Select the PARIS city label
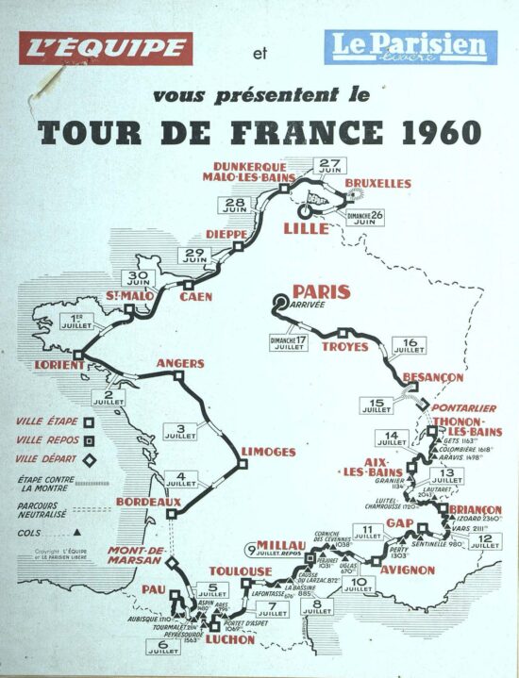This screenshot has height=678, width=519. pyautogui.click(x=321, y=291)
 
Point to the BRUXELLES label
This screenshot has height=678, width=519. pyautogui.click(x=377, y=181)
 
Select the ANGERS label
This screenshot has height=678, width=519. pyautogui.click(x=179, y=363)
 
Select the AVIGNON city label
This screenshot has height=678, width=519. pyautogui.click(x=408, y=570)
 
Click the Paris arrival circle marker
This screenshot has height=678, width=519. pyautogui.click(x=279, y=302)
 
